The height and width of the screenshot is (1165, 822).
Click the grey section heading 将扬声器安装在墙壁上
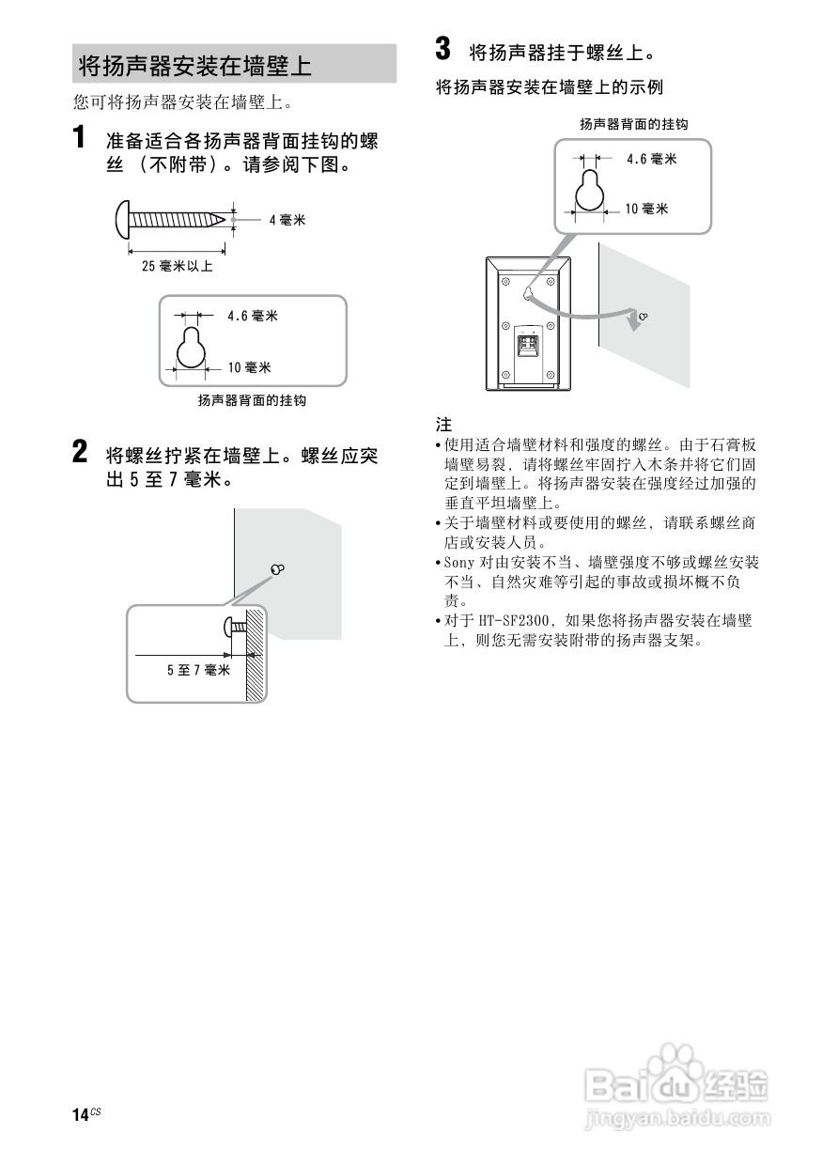point(194,67)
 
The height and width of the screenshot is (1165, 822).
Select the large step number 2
point(83,453)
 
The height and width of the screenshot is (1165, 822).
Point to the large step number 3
point(444,48)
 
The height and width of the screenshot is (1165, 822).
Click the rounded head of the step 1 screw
point(123,218)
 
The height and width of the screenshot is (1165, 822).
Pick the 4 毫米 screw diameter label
point(287,220)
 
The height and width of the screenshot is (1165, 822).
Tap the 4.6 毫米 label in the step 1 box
point(252,317)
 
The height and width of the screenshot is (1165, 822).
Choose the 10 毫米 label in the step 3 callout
point(647,209)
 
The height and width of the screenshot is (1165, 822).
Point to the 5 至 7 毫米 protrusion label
point(198,670)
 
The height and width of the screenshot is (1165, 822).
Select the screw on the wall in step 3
point(642,317)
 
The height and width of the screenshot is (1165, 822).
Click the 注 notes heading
point(443,425)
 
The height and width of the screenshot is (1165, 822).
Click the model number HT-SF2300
point(516,621)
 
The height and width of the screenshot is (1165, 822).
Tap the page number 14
point(80,1114)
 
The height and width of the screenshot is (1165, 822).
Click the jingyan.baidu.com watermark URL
point(676,1119)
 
